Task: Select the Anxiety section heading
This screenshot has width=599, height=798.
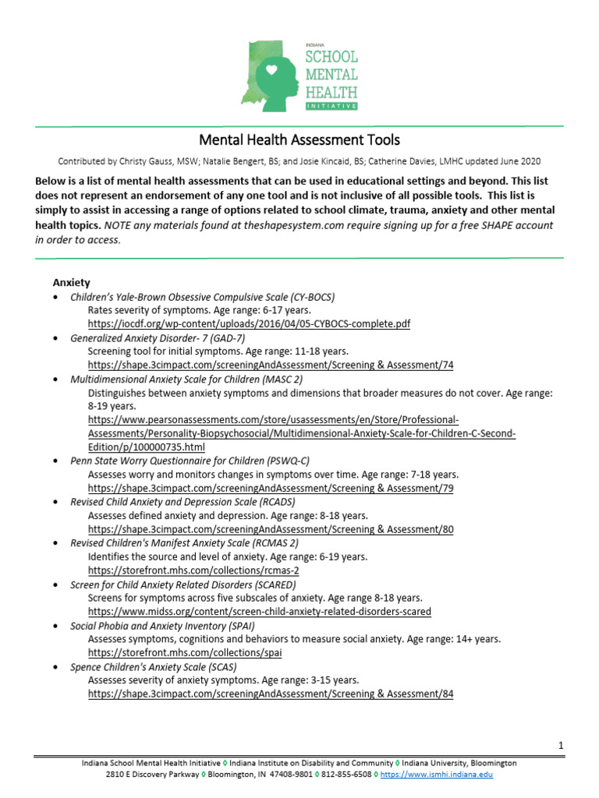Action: pyautogui.click(x=71, y=282)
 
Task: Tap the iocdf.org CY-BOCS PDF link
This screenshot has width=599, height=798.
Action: pyautogui.click(x=249, y=323)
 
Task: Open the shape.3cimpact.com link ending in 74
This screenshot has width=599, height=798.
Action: pyautogui.click(x=271, y=365)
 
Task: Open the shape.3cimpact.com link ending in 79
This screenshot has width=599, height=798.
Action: pyautogui.click(x=271, y=488)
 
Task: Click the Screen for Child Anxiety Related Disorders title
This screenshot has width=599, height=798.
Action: pyautogui.click(x=183, y=584)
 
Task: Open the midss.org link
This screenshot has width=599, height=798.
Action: pyautogui.click(x=259, y=612)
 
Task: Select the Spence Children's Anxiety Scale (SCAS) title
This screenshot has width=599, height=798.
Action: pyautogui.click(x=154, y=667)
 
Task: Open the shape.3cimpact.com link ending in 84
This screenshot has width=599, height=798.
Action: pyautogui.click(x=271, y=694)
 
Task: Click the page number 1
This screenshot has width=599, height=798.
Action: pyautogui.click(x=560, y=746)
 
